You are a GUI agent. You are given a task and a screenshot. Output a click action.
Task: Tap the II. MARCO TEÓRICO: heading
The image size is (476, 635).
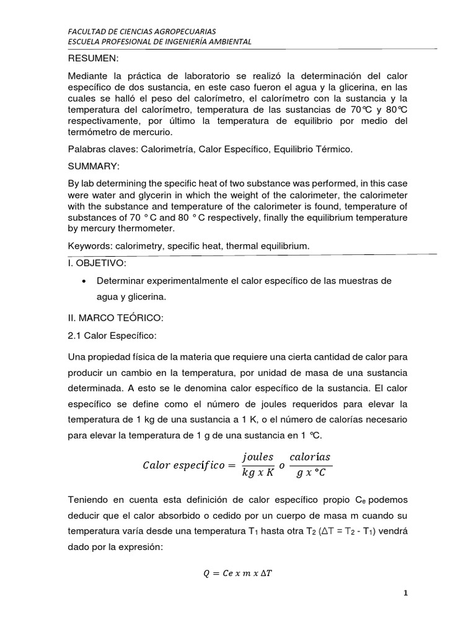click(x=116, y=318)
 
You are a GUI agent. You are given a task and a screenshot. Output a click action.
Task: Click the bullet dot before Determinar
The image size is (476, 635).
click(x=84, y=282)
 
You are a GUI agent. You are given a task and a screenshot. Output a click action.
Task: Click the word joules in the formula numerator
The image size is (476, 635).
click(x=258, y=458)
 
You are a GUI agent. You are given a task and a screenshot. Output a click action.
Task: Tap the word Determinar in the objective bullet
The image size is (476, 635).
click(x=126, y=281)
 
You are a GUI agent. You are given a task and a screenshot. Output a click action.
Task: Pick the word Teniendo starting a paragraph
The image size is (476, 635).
click(x=90, y=499)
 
